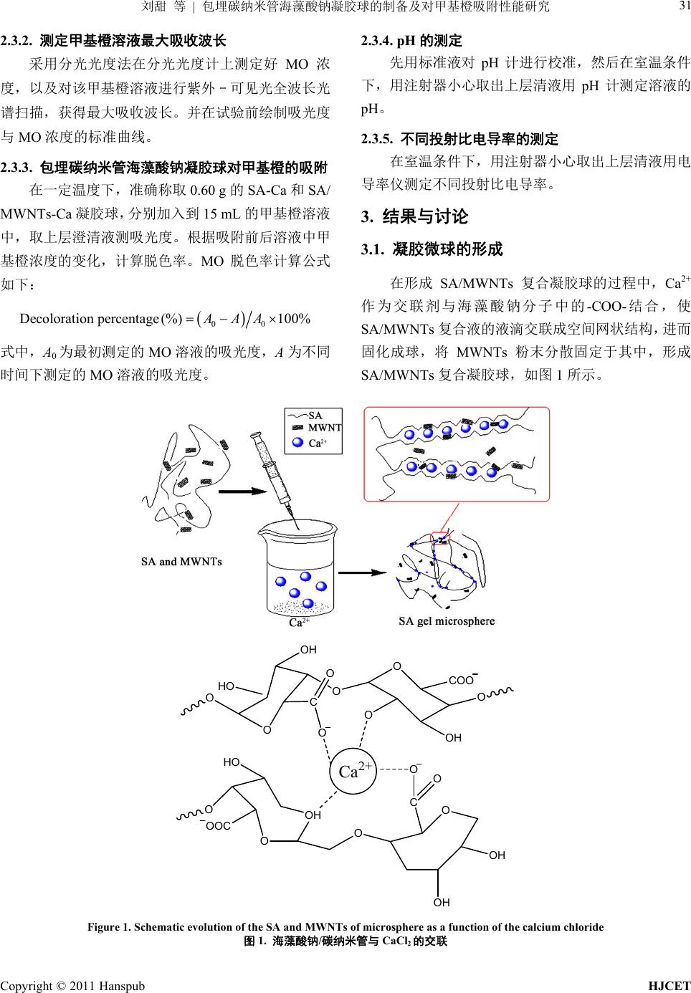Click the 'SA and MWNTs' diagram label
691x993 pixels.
point(181,561)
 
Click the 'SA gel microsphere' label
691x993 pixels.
point(447,620)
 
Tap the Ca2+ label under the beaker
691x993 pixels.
point(298,623)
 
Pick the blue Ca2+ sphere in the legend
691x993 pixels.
point(297,442)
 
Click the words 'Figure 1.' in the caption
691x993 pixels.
point(108,927)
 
